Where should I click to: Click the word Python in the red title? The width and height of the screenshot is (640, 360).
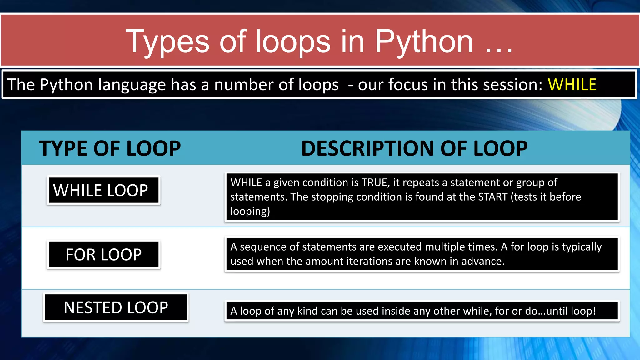424,42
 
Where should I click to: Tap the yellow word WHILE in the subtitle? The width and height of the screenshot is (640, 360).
572,85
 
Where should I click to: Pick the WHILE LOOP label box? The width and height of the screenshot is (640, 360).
103,190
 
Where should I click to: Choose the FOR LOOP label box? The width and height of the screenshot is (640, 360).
103,254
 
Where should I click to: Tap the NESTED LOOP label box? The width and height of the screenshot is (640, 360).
116,307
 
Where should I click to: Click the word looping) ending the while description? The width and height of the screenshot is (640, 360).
250,211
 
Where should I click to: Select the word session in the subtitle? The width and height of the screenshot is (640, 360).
509,85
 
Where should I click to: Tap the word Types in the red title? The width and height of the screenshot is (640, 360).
167,42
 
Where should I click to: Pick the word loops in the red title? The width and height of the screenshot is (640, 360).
293,42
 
